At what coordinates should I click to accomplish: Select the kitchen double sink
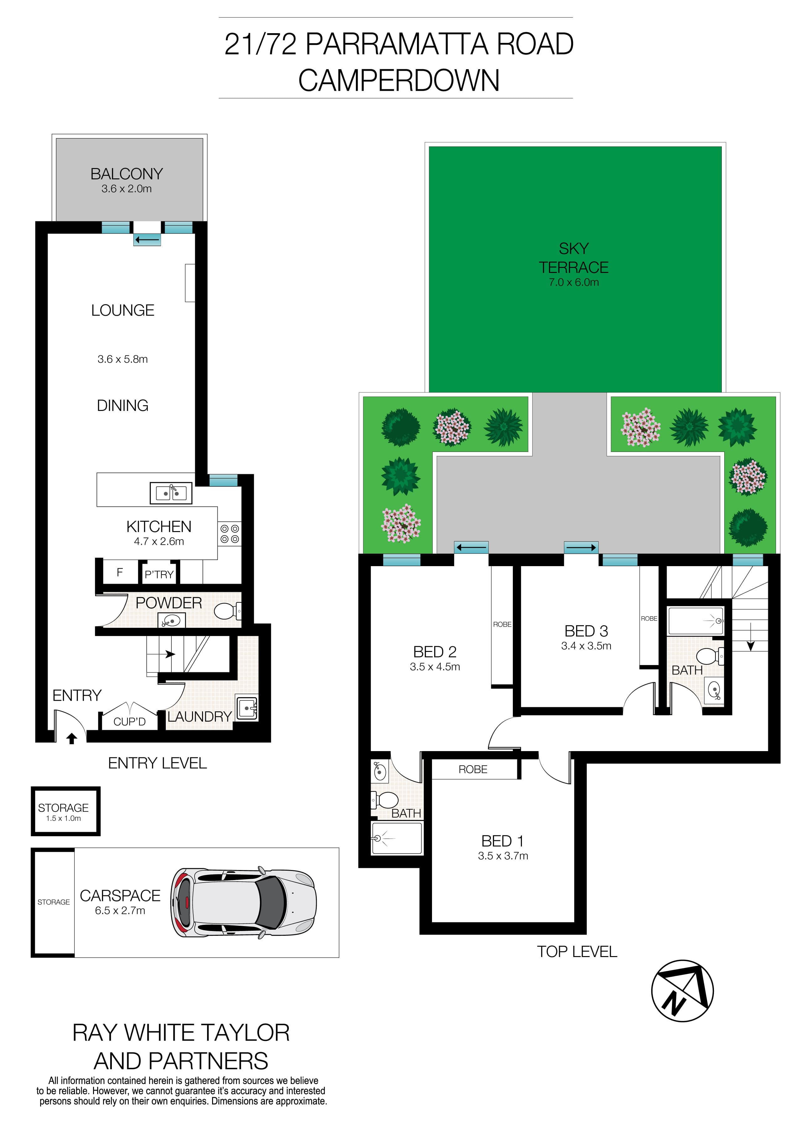coord(171,493)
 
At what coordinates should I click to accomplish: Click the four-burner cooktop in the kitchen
coord(230,534)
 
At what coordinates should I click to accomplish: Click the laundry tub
coord(247,708)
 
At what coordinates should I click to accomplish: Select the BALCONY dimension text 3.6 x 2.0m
coord(127,189)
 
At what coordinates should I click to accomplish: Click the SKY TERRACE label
coord(574,258)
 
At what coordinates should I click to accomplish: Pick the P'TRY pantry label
coord(159,575)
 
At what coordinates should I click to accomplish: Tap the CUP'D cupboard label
coord(129,721)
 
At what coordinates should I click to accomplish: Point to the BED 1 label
coord(502,841)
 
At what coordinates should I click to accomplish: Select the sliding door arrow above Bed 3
coord(581,547)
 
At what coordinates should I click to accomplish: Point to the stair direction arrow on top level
coord(750,645)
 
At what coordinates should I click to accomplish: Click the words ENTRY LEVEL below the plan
coord(158,763)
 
